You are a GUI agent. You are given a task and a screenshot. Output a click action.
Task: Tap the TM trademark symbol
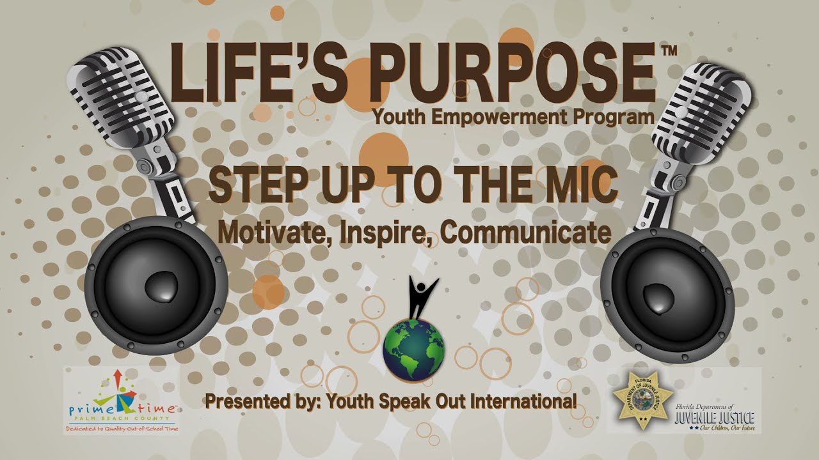coord(669,52)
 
